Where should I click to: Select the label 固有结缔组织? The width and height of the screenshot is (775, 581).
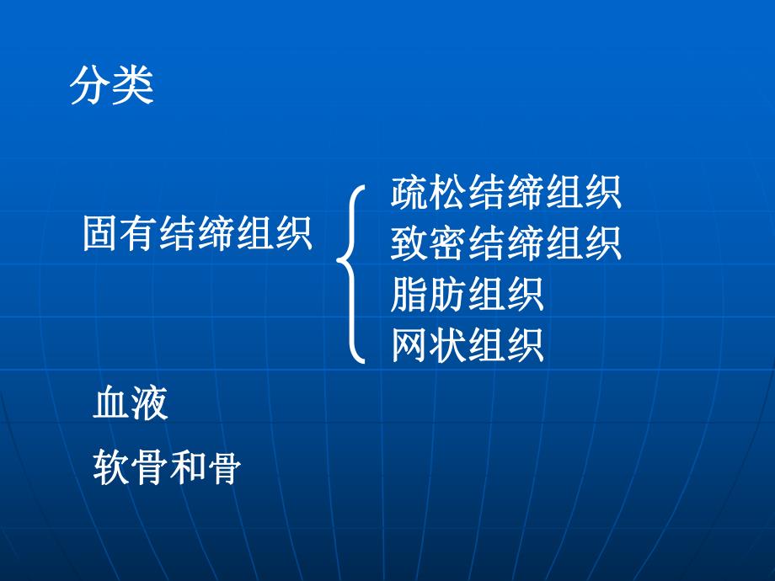(x=198, y=233)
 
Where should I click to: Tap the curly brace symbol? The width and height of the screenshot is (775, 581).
(x=352, y=273)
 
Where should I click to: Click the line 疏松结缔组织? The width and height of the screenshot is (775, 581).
(x=505, y=192)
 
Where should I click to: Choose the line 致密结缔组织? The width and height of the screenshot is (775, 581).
(x=505, y=243)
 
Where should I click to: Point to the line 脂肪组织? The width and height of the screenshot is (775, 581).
(x=467, y=295)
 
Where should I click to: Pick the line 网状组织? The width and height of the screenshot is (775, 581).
(x=467, y=345)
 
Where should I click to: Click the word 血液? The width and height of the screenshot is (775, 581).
(x=131, y=404)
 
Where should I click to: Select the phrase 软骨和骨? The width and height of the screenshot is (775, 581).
(x=167, y=467)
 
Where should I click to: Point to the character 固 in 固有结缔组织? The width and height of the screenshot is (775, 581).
(x=102, y=233)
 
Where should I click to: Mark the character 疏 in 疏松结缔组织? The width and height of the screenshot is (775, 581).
(x=409, y=192)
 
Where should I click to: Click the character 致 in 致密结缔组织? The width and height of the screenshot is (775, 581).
(x=409, y=243)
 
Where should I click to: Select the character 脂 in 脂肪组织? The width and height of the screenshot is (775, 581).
(x=409, y=295)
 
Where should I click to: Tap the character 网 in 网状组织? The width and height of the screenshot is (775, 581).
(x=409, y=345)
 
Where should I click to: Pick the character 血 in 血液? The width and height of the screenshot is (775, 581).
(x=112, y=404)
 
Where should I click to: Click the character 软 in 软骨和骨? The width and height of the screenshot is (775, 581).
(x=112, y=467)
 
